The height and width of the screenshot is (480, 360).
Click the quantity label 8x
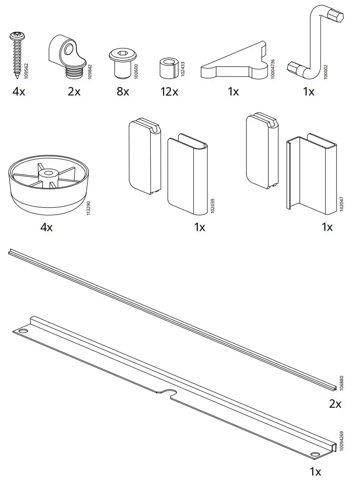click(x=123, y=91)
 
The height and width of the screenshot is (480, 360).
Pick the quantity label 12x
click(x=169, y=91)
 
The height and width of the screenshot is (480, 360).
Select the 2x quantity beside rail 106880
click(x=335, y=404)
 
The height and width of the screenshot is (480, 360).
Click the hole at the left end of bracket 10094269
click(x=23, y=331)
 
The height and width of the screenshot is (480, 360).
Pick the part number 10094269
click(x=342, y=441)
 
